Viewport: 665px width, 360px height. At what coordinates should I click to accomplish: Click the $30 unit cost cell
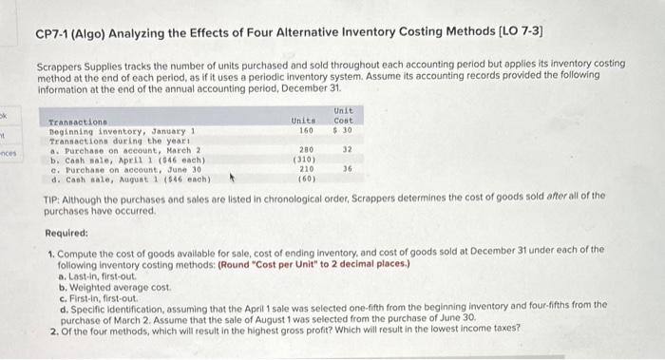[343, 130]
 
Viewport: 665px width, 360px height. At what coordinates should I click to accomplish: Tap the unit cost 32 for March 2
[347, 150]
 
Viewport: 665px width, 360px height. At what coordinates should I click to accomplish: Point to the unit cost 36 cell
[347, 169]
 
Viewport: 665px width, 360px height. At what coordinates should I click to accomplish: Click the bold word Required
[69, 232]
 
